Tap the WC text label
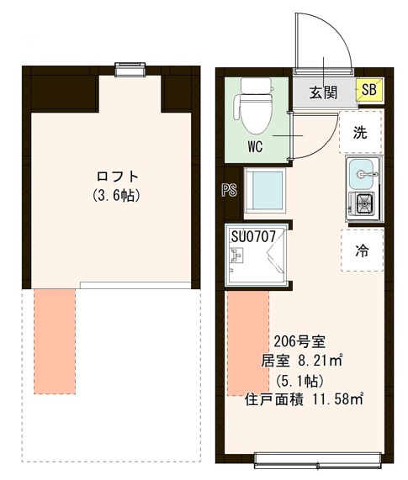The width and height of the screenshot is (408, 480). click(x=257, y=145)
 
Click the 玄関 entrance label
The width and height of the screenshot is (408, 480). click(x=324, y=92)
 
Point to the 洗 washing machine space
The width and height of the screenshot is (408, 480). click(x=360, y=132)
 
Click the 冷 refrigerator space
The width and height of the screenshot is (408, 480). click(x=361, y=250)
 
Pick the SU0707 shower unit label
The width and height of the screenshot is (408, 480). click(x=258, y=235)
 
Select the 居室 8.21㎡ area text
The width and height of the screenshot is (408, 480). click(x=300, y=361)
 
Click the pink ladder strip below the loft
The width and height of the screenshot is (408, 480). click(x=54, y=340)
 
